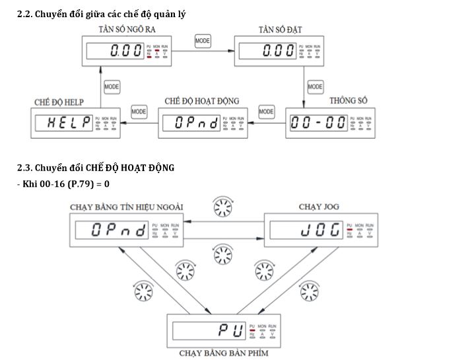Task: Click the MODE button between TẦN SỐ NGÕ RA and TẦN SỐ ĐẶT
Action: [203, 41]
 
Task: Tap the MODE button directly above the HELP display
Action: [112, 87]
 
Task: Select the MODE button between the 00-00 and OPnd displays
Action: [266, 112]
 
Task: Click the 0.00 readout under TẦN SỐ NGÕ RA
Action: [125, 51]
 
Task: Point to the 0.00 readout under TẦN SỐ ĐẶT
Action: [277, 51]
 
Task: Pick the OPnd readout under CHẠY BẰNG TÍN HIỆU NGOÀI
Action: [110, 230]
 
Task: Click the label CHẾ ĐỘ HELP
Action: [60, 102]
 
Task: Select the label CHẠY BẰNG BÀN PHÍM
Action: [224, 353]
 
